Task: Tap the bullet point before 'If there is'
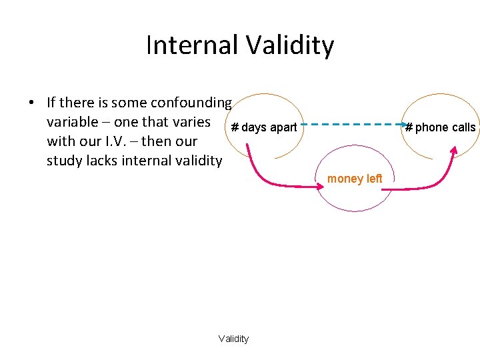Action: tap(31, 103)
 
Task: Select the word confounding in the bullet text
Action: tap(191, 103)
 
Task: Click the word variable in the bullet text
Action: tap(71, 122)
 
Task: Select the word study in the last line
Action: tap(63, 161)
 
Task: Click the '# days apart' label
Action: tap(264, 127)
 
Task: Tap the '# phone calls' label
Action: tap(441, 127)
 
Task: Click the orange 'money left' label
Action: tap(355, 179)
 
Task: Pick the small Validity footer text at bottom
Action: tap(233, 339)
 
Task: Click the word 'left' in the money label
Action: tap(375, 179)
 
